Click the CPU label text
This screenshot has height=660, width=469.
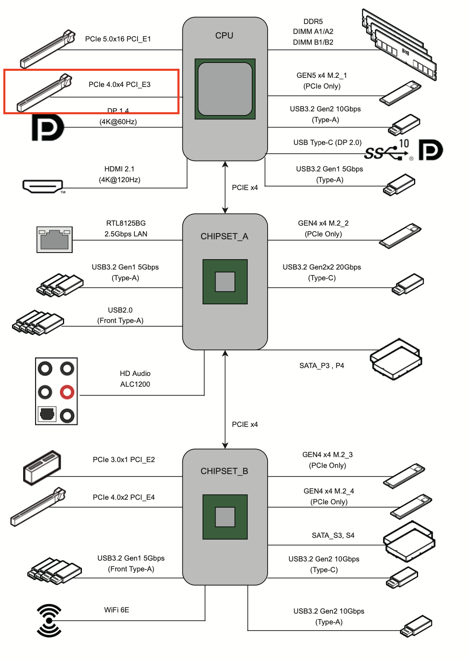224,36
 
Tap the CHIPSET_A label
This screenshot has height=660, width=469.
224,236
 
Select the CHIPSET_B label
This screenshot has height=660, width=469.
224,471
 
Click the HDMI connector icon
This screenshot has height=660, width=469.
43,186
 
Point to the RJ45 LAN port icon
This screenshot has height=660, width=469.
55,239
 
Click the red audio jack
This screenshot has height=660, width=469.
67,392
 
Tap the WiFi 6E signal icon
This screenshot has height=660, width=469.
49,620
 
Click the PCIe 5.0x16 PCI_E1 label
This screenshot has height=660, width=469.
118,39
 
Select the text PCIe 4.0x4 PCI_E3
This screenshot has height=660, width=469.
120,84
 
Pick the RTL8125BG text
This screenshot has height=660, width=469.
126,223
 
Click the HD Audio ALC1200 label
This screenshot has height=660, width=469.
135,379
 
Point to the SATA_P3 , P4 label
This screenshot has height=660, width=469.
322,366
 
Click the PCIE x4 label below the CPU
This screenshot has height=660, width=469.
245,188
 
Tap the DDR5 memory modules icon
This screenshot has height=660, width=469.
399,45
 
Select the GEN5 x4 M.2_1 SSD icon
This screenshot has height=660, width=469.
400,93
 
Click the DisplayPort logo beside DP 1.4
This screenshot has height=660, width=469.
48,127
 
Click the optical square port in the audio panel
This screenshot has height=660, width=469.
47,414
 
